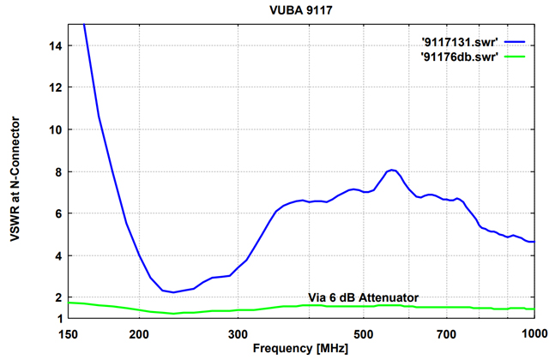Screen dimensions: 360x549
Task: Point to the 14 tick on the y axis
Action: [56, 45]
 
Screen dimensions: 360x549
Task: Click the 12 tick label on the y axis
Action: [56, 87]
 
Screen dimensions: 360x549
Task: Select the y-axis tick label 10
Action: [56, 129]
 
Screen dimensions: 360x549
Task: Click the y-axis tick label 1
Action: [59, 318]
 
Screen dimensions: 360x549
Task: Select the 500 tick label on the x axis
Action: [365, 333]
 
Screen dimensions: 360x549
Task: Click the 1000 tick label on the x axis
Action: [533, 333]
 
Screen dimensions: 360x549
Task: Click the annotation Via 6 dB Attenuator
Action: [364, 297]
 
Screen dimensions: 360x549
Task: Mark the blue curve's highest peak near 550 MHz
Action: [392, 170]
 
